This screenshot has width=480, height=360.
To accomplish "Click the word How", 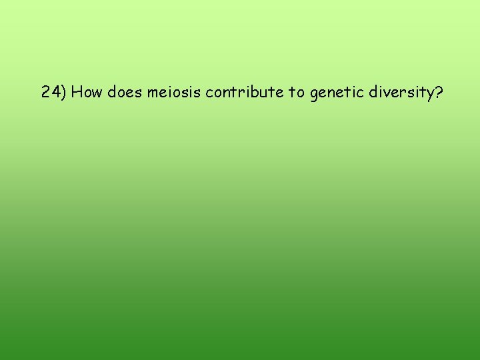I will point(85,92).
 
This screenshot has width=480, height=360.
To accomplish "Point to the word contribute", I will point(244,92).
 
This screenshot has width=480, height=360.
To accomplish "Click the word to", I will point(297,92).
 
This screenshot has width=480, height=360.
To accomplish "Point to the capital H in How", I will point(76,92).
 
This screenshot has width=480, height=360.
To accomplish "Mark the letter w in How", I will point(94,93).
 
